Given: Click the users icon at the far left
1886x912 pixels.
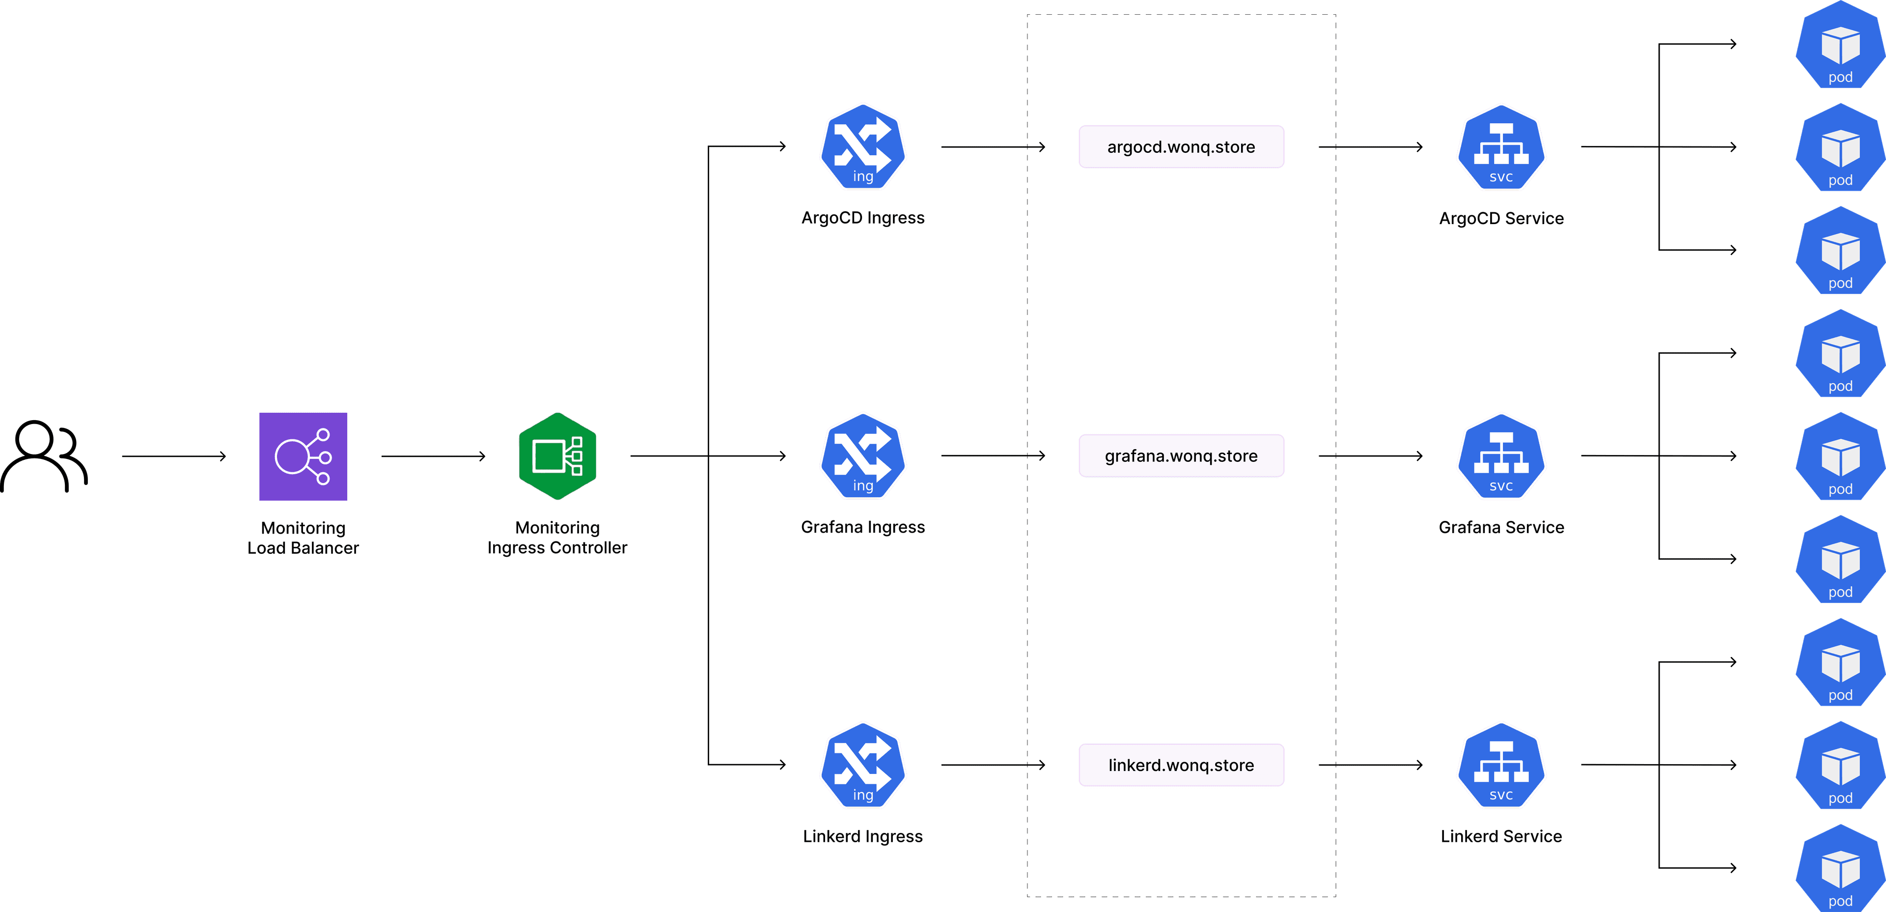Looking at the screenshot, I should [x=44, y=456].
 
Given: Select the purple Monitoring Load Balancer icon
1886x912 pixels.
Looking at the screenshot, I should [x=303, y=456].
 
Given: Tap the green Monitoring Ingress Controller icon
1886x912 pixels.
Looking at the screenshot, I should [x=557, y=456].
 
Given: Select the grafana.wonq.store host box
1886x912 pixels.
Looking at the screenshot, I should [x=1181, y=456].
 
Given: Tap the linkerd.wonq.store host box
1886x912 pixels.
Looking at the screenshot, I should [x=1181, y=765].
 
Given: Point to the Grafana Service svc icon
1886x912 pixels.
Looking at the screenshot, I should [x=1501, y=456].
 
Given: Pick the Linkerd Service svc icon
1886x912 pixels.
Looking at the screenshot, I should [x=1501, y=765].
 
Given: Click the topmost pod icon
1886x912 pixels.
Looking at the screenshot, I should [x=1840, y=45].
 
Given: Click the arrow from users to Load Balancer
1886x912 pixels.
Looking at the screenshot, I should [x=173, y=456].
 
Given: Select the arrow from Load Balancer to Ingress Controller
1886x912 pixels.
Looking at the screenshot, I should [x=433, y=456].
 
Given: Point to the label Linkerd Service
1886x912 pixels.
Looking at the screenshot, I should [x=1501, y=836].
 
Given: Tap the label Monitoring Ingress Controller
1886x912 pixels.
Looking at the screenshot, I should [x=557, y=538].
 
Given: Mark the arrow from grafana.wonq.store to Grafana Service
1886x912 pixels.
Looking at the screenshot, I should [x=1370, y=456].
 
